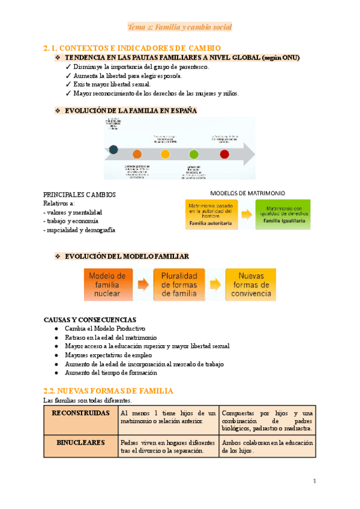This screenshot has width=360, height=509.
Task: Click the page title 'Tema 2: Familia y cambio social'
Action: (180, 27)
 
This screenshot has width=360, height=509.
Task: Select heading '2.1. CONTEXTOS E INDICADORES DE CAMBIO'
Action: (133, 47)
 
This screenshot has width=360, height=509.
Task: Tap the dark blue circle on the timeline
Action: (113, 150)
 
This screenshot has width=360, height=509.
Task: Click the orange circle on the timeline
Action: (137, 154)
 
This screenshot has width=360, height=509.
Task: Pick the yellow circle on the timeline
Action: (166, 154)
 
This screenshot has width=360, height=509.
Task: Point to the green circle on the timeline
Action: (193, 154)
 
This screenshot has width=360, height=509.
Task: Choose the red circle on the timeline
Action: (224, 154)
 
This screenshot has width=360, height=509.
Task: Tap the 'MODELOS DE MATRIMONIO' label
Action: (247, 193)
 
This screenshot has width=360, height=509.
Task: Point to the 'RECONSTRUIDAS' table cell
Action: (80, 414)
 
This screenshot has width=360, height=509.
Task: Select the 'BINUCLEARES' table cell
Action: (80, 442)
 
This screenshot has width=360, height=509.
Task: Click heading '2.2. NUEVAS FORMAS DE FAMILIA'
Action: (109, 391)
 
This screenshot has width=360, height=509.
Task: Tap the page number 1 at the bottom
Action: (314, 481)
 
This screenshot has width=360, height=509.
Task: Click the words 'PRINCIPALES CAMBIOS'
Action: (80, 195)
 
